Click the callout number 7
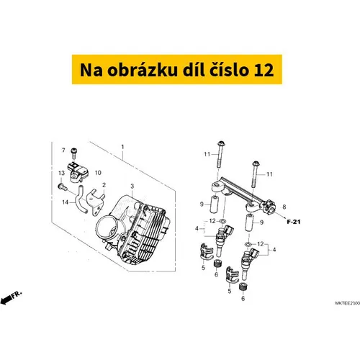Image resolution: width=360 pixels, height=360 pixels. [63, 150]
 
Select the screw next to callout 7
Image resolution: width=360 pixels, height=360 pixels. [73, 153]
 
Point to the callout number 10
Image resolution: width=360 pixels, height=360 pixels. [98, 173]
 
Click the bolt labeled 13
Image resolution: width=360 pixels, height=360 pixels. [63, 186]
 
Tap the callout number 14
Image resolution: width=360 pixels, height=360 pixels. [66, 202]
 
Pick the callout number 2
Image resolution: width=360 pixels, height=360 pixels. [104, 185]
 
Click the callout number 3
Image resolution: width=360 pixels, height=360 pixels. [132, 186]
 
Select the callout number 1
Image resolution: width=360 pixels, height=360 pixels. [122, 147]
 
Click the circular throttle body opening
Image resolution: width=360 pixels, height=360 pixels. [108, 229]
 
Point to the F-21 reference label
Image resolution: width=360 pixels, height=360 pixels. [294, 222]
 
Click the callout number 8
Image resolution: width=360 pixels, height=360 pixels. [284, 207]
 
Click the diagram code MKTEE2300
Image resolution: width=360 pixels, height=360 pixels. [348, 303]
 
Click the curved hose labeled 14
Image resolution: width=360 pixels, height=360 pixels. [81, 199]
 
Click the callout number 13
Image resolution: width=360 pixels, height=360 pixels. [61, 173]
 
